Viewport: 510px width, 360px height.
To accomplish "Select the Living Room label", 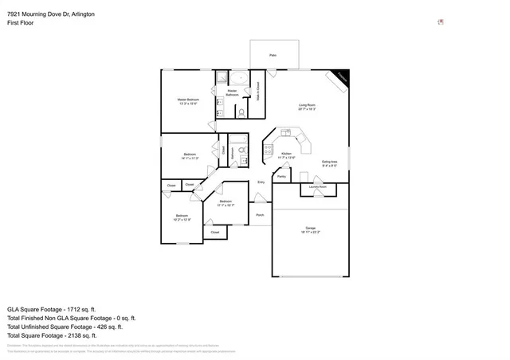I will [x=307, y=108].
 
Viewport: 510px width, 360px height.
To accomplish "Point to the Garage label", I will [x=311, y=229].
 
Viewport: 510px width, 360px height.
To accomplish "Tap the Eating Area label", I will [x=330, y=163].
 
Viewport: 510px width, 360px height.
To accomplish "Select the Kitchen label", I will [x=286, y=155].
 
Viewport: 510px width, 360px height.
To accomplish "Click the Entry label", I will [x=261, y=182].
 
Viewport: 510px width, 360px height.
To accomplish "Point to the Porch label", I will [x=260, y=215].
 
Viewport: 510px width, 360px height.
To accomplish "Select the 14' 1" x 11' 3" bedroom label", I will [x=190, y=156].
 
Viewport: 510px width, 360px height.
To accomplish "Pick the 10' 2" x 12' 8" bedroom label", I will [x=182, y=217].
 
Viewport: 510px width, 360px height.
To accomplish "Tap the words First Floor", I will [x=21, y=24].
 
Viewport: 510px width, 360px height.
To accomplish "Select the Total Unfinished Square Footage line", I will [x=64, y=327].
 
